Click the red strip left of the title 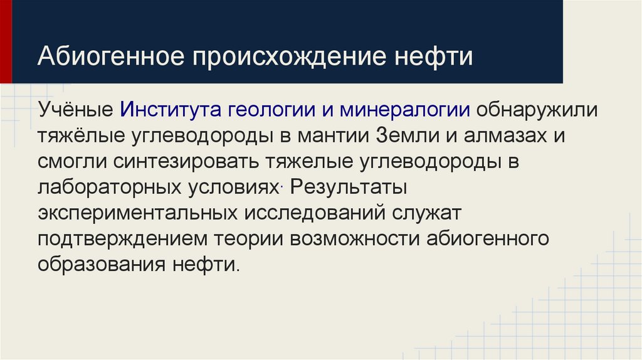coord(6,41)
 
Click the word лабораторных coord(108,186)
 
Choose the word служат coord(429,212)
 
